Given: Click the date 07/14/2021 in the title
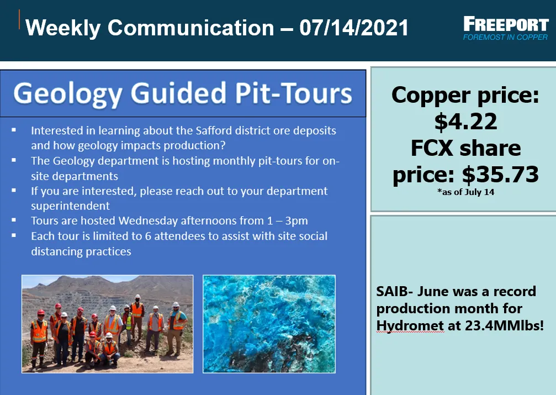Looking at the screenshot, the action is click(x=354, y=27).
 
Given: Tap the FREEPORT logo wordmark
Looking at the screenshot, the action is click(x=506, y=24).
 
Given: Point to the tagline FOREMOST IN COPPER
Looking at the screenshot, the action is click(x=505, y=37).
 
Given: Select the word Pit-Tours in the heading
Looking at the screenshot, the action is click(x=293, y=93).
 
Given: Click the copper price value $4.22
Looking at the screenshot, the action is click(x=465, y=122).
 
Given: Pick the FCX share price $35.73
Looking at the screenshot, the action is click(x=500, y=174).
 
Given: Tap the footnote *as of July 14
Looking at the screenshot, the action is click(x=465, y=192).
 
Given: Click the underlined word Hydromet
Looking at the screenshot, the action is click(x=410, y=326).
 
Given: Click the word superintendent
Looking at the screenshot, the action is click(x=70, y=206).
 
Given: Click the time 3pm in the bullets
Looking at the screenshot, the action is click(x=296, y=221).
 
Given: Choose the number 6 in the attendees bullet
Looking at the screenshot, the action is click(x=148, y=236).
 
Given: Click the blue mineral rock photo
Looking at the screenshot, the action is click(x=269, y=324).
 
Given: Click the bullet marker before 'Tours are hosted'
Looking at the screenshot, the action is click(x=14, y=220).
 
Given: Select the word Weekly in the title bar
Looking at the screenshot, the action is click(x=63, y=28).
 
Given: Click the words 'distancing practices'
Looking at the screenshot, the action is click(x=81, y=251).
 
